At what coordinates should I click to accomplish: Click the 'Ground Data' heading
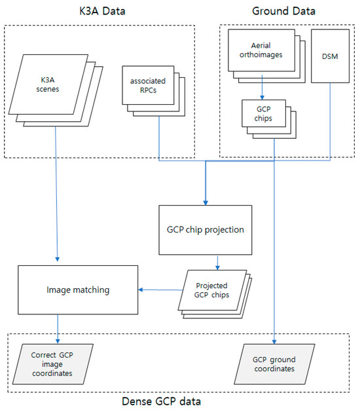pyautogui.click(x=283, y=11)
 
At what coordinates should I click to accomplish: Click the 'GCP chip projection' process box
pyautogui.click(x=205, y=230)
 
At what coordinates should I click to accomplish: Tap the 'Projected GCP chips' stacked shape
pyautogui.click(x=211, y=290)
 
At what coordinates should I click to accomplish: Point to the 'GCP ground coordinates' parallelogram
pyautogui.click(x=274, y=363)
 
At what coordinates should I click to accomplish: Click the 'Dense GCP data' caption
pyautogui.click(x=179, y=400)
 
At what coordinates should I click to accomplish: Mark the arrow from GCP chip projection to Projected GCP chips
pyautogui.click(x=218, y=261)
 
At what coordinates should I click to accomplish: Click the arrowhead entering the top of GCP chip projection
pyautogui.click(x=206, y=202)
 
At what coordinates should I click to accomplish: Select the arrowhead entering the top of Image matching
pyautogui.click(x=58, y=261)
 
